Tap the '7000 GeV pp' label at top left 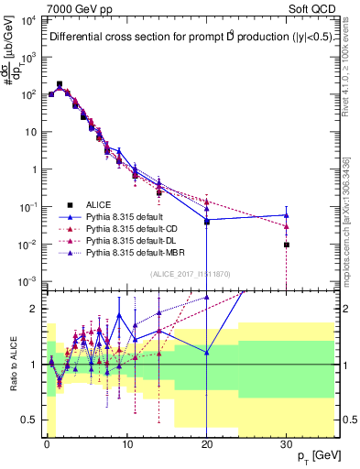point(72,8)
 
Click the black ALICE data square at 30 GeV point(287,245)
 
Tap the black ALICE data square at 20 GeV point(207,222)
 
